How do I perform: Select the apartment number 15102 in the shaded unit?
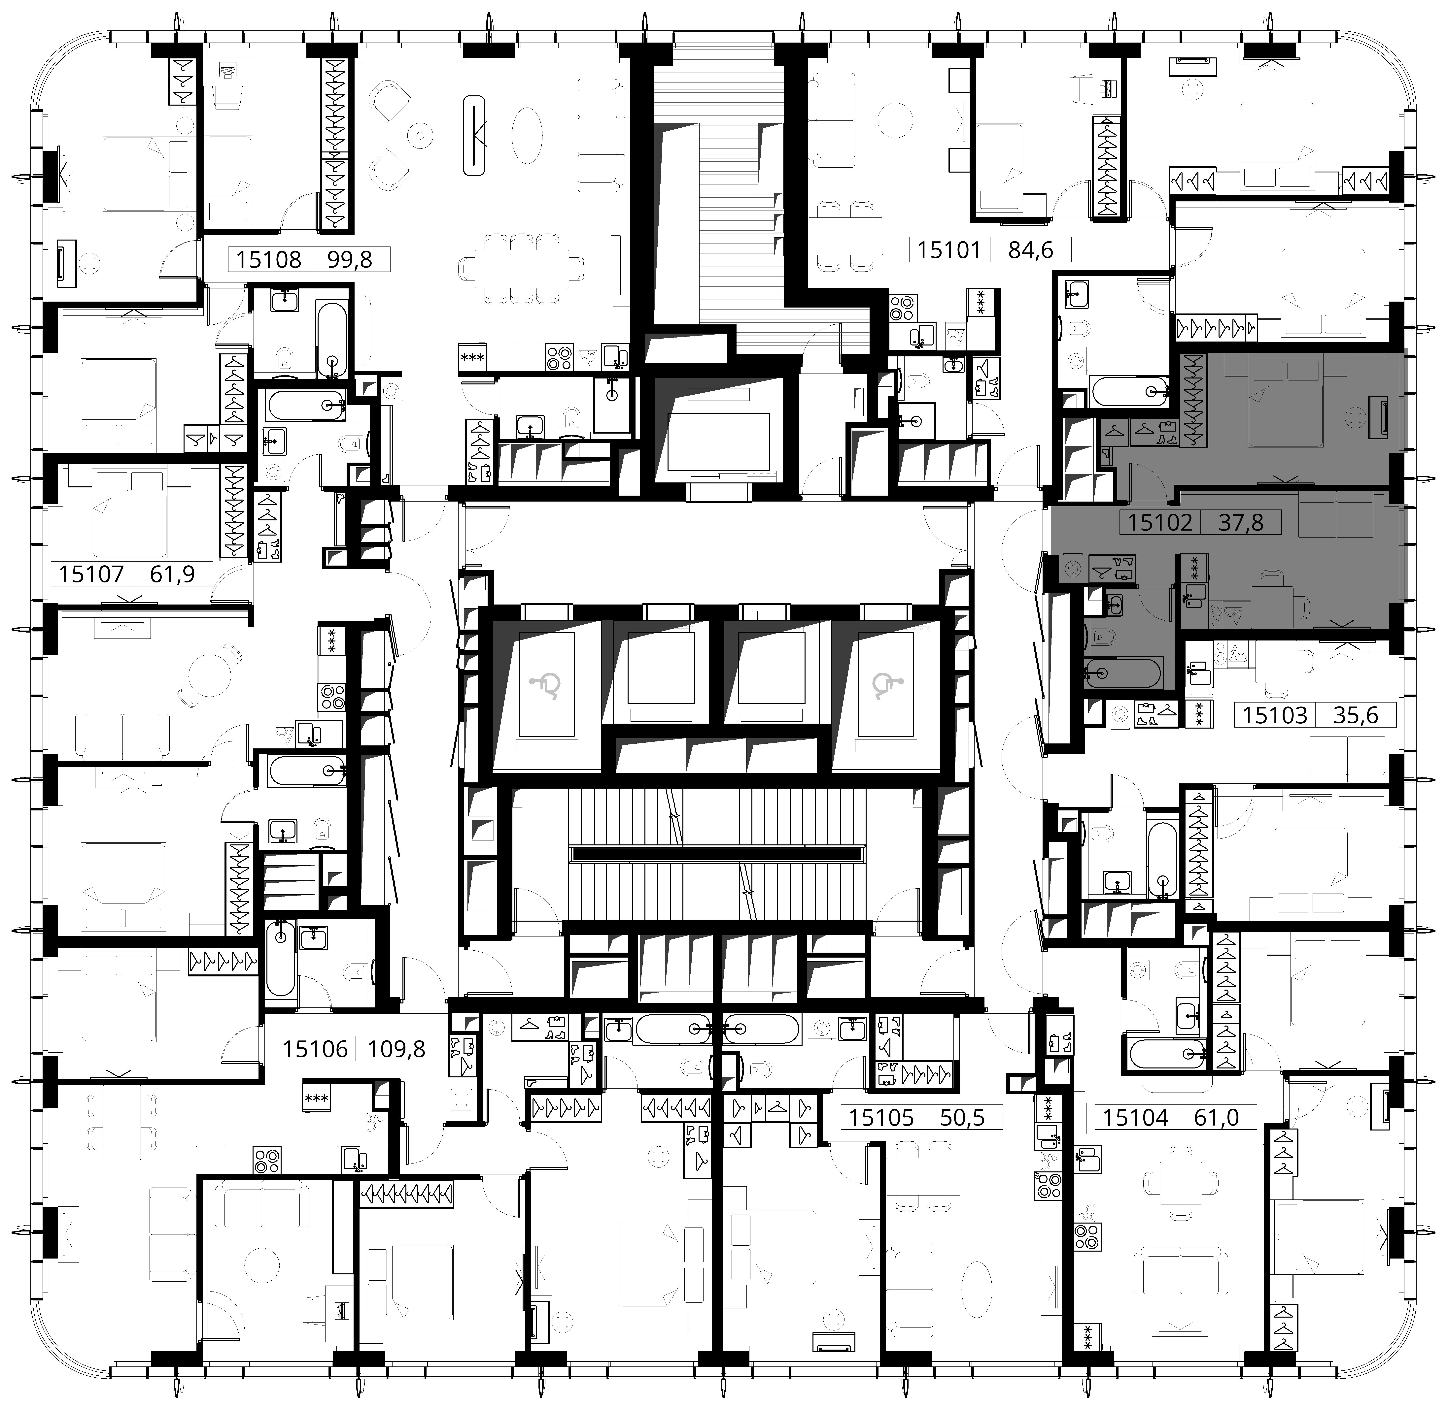point(1160,522)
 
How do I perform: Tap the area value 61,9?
point(172,573)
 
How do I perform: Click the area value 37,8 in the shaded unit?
point(1241,522)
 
